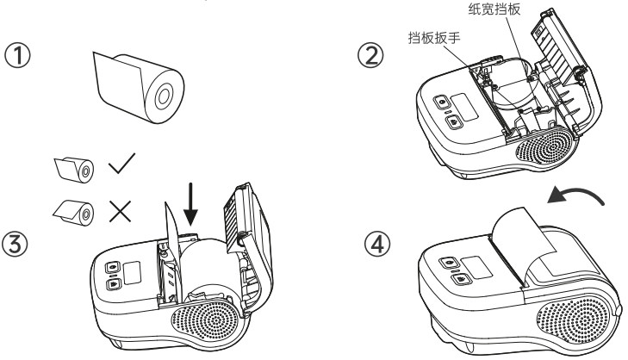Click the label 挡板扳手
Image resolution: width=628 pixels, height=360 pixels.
pos(434,38)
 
